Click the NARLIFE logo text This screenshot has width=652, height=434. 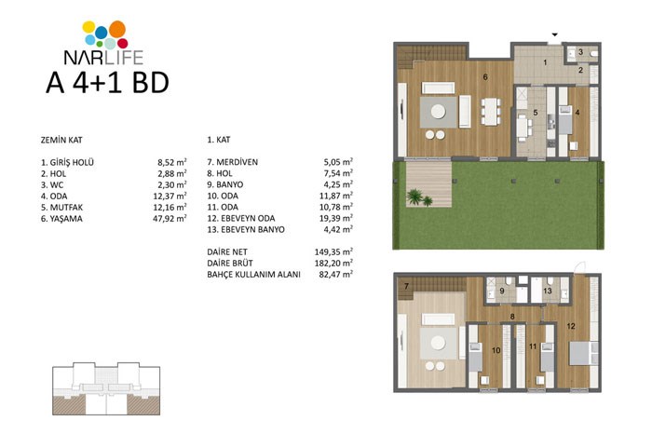[x=103, y=58]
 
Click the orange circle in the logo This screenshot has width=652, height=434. [x=117, y=29]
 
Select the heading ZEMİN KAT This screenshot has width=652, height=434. [x=61, y=140]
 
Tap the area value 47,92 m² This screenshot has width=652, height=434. [x=170, y=218]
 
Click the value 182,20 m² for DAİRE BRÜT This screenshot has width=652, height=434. [x=333, y=263]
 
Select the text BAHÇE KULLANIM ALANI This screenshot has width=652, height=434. [x=253, y=275]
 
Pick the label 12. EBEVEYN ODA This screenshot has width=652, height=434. [x=241, y=218]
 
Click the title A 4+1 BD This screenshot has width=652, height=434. [x=107, y=82]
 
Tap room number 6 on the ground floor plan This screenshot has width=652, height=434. [x=485, y=77]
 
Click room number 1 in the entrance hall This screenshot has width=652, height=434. [x=545, y=62]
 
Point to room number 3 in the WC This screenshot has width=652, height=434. [x=581, y=52]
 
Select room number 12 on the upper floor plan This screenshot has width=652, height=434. [x=571, y=326]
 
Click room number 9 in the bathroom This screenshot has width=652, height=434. [x=502, y=291]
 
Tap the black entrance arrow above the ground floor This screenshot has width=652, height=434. [x=555, y=34]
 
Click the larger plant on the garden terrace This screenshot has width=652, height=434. [x=414, y=197]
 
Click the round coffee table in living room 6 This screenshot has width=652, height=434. [x=438, y=112]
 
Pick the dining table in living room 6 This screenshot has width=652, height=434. [x=491, y=111]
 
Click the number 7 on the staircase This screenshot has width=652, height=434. [x=406, y=287]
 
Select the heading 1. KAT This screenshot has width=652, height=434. [x=219, y=140]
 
